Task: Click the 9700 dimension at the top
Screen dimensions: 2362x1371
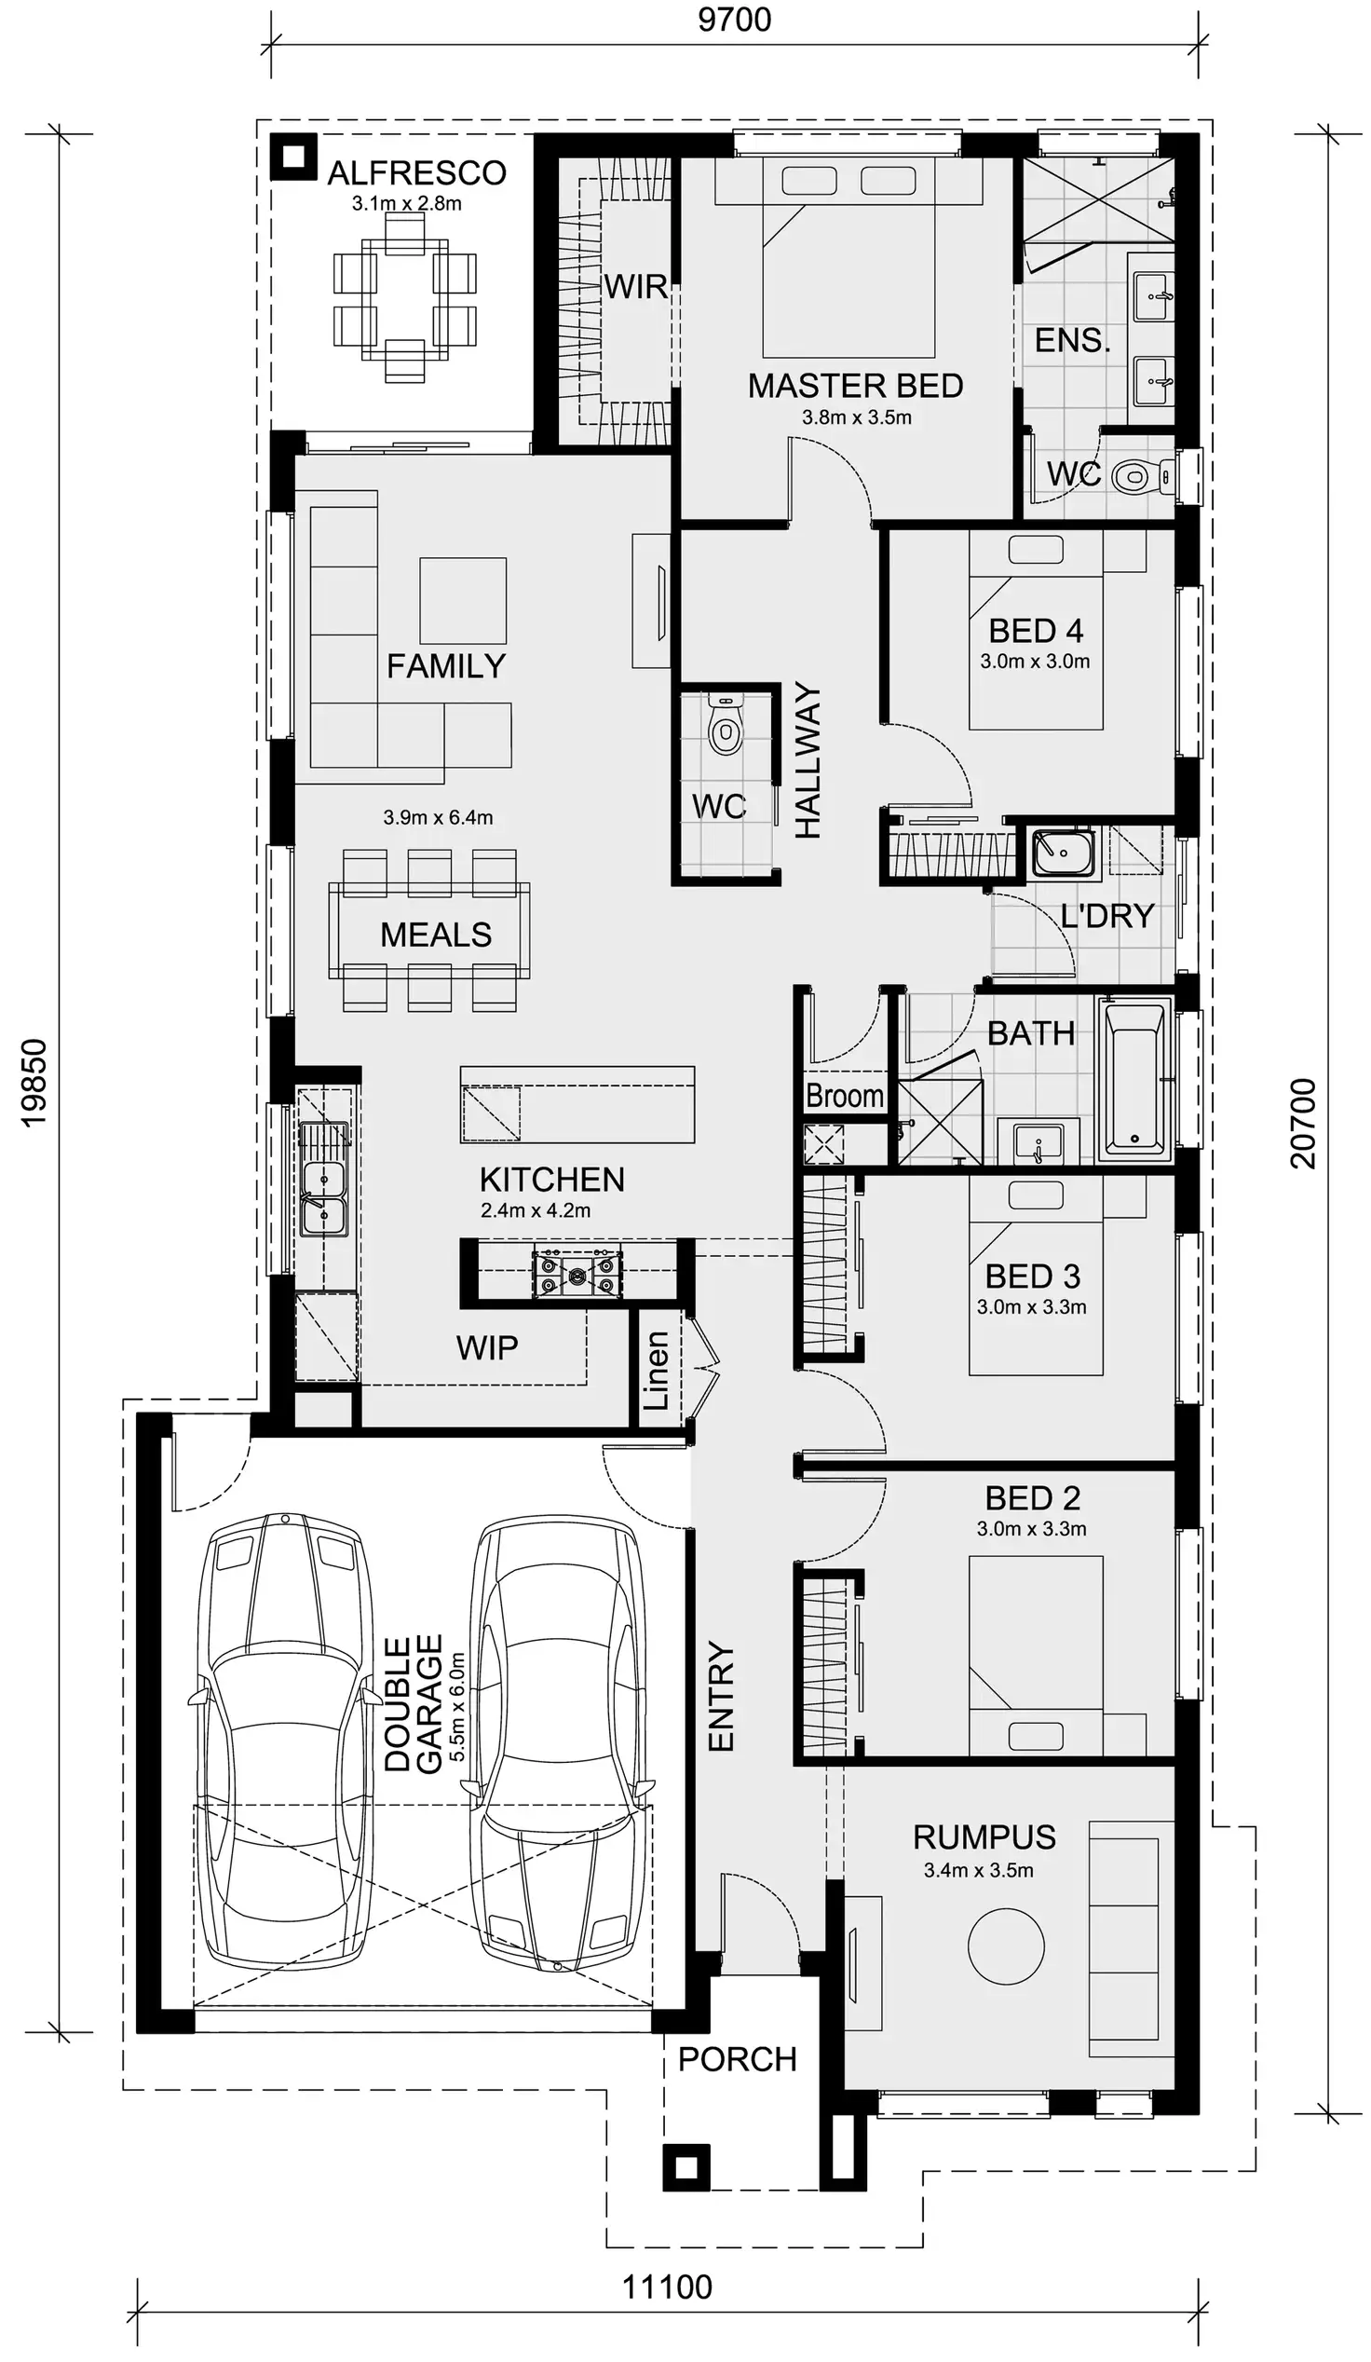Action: pos(734,20)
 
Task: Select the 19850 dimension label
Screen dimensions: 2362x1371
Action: pos(34,1083)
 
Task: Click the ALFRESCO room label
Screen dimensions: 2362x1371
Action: pos(416,173)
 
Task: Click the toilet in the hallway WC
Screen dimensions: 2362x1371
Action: pos(725,727)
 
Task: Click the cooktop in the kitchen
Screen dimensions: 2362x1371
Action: pos(577,1273)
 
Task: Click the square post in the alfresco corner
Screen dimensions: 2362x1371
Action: pos(293,157)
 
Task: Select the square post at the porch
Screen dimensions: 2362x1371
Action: pos(686,2167)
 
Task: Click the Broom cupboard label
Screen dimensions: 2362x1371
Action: pos(845,1096)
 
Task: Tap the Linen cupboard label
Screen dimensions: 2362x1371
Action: pos(657,1371)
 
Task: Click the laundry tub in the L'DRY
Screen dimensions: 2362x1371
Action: pos(1063,851)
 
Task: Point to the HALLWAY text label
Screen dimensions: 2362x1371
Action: pos(808,761)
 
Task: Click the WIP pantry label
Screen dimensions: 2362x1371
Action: pos(486,1348)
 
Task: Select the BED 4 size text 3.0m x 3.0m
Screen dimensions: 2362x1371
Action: pos(1035,661)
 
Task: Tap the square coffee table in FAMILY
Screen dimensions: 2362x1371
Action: pos(463,600)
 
